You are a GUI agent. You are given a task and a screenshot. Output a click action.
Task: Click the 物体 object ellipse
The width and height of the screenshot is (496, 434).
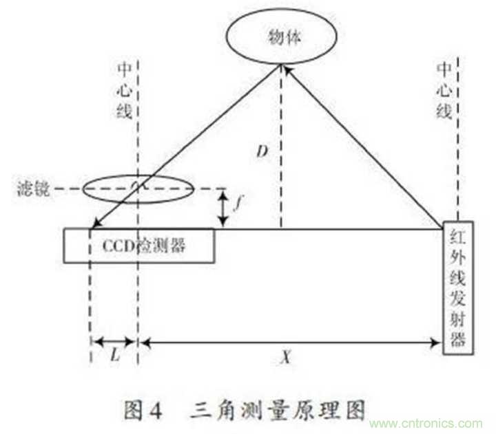(281, 36)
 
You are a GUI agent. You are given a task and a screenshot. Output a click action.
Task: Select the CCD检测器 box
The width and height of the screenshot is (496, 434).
(139, 246)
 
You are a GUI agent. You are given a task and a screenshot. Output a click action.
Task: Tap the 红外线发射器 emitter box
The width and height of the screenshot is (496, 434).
(457, 287)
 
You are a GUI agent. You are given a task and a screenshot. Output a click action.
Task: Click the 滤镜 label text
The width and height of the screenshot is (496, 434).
(34, 189)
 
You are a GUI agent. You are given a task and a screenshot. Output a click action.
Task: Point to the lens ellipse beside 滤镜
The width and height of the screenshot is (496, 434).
(138, 189)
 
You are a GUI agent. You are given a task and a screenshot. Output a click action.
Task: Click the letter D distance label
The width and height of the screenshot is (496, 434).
(262, 151)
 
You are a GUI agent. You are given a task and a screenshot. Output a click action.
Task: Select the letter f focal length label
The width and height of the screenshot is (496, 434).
(238, 202)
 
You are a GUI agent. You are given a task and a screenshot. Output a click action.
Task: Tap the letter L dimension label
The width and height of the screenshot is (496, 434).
(116, 356)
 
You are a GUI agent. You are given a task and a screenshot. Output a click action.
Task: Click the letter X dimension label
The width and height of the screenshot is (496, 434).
(286, 358)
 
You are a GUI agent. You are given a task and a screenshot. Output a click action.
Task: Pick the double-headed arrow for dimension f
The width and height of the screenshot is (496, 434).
(223, 208)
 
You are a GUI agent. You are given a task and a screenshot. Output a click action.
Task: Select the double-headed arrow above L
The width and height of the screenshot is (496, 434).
(114, 341)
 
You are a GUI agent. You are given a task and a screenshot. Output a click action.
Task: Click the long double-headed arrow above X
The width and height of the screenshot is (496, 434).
(291, 342)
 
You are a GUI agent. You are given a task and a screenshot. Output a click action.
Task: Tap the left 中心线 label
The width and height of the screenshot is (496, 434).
(124, 91)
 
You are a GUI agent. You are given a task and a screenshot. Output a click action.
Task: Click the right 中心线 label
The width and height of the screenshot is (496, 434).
(444, 91)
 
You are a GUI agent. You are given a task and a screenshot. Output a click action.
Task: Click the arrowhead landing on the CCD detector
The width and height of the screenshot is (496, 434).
(96, 224)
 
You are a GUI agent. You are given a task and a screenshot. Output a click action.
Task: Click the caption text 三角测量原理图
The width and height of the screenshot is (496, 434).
(278, 410)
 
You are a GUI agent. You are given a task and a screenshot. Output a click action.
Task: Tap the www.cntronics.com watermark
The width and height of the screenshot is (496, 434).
(426, 423)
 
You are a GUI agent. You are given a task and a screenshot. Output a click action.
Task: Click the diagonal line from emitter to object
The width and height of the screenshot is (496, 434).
(363, 147)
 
